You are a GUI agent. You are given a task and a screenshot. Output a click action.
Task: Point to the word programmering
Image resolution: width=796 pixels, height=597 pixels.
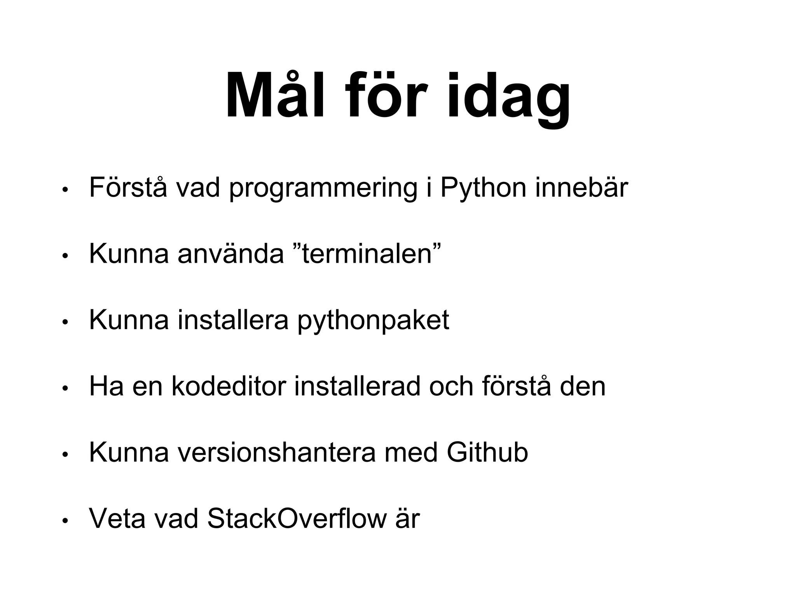coord(323,188)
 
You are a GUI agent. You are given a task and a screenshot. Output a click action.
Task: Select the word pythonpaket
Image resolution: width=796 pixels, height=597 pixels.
coord(373,321)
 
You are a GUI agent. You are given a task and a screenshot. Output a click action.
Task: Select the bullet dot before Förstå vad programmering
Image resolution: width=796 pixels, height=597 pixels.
coord(65,190)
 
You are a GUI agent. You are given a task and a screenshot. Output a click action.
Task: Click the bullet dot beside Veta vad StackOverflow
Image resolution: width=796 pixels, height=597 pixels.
coord(65,520)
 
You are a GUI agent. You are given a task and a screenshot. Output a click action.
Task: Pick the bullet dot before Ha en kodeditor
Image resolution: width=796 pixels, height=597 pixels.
coord(65,388)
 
